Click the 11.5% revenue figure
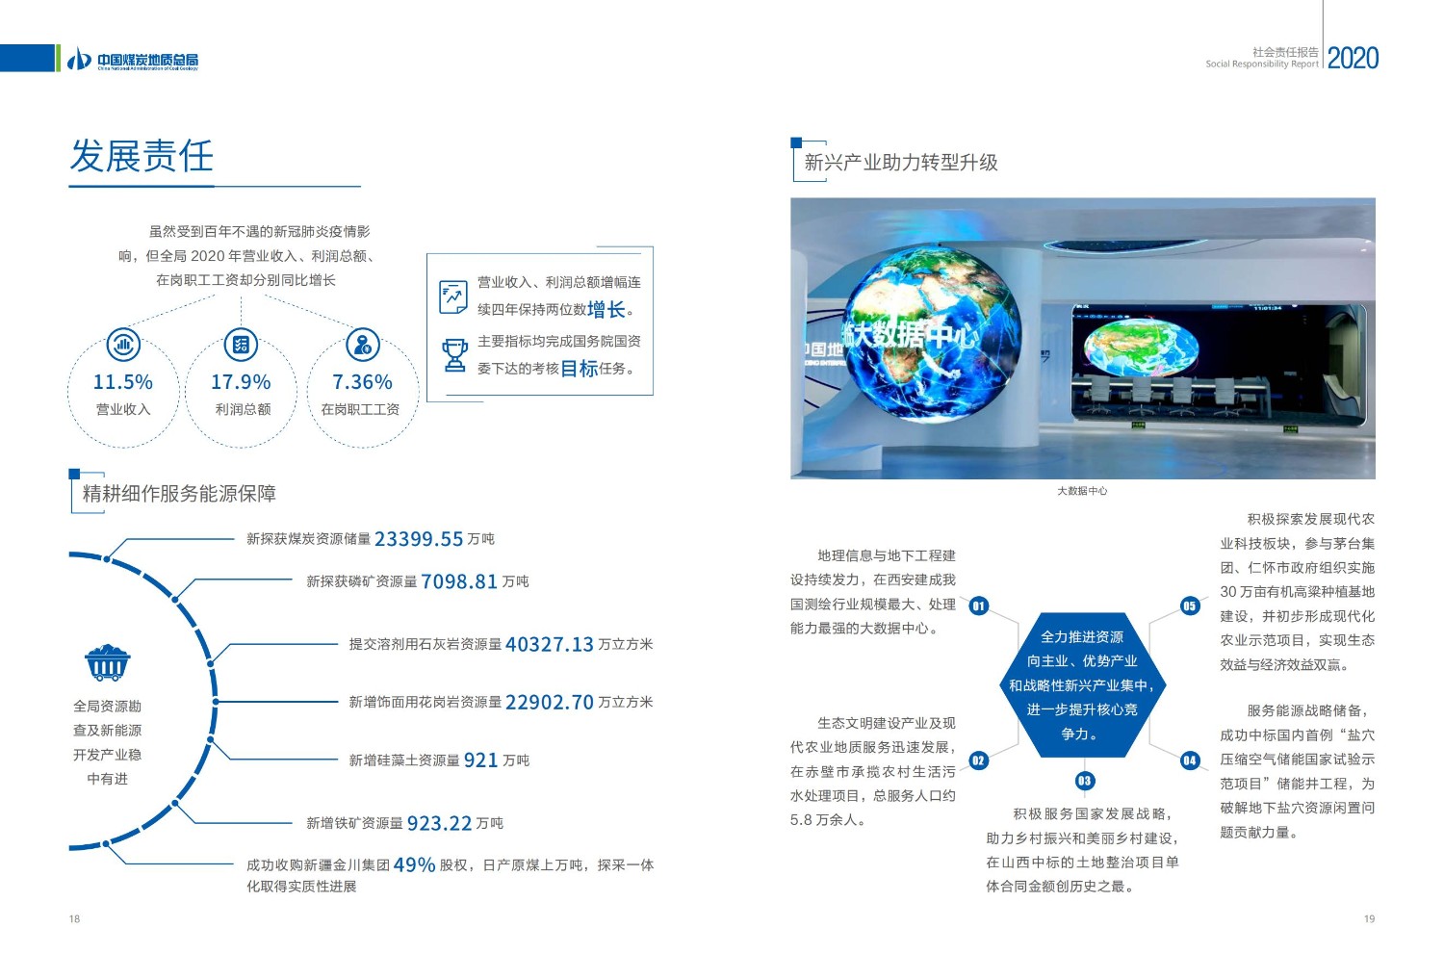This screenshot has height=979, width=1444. (x=122, y=382)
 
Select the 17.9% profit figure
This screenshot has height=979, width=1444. (x=241, y=382)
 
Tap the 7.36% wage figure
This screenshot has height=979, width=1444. (x=362, y=382)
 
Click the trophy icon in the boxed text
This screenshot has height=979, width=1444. (x=454, y=355)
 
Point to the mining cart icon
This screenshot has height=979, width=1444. (x=107, y=662)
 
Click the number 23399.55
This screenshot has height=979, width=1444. (x=419, y=539)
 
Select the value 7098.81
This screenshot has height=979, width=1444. (x=459, y=582)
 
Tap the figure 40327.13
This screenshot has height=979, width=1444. (x=550, y=645)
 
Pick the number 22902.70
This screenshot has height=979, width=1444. (x=550, y=702)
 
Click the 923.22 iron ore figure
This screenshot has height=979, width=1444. (x=440, y=824)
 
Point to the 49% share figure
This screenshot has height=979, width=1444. (x=414, y=864)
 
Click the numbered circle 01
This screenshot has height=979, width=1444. (x=979, y=605)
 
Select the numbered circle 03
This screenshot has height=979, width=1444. (x=1084, y=781)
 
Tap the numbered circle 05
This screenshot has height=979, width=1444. (x=1190, y=605)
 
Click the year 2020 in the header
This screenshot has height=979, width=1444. (x=1354, y=59)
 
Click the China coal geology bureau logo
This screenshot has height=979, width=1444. (x=133, y=60)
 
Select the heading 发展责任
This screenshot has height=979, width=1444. (x=142, y=156)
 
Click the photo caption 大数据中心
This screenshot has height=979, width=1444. (x=1082, y=491)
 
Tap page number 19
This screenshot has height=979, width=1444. (x=1369, y=919)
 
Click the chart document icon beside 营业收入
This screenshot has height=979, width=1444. (x=453, y=297)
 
